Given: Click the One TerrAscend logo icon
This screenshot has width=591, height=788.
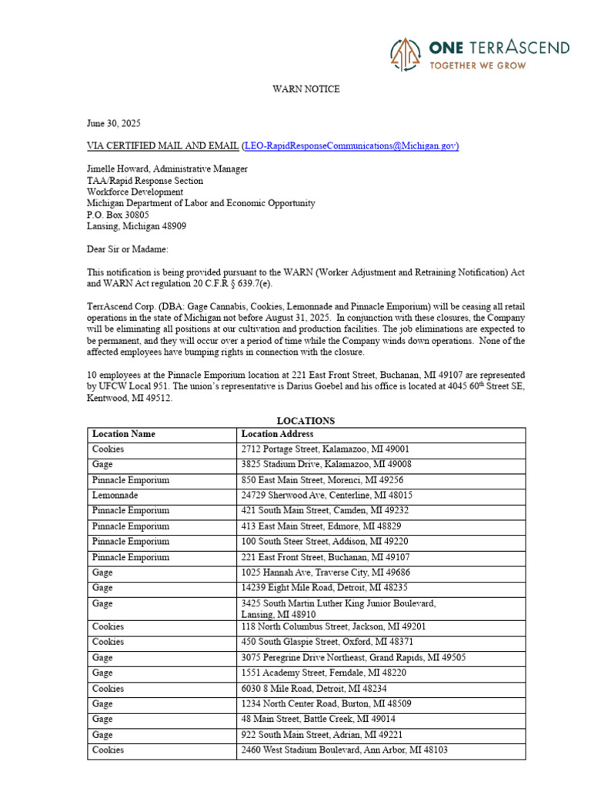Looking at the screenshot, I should click(x=405, y=55).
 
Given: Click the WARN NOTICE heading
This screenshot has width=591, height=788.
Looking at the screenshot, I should click(x=306, y=89).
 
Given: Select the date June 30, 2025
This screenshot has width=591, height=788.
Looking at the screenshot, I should click(x=112, y=123).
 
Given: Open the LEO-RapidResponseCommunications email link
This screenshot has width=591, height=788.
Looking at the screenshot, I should click(x=350, y=145).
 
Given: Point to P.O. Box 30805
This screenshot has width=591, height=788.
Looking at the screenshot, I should click(x=117, y=215).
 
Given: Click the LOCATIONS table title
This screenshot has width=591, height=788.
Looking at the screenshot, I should click(x=306, y=421).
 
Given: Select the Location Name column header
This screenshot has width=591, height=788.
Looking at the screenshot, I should click(x=123, y=434).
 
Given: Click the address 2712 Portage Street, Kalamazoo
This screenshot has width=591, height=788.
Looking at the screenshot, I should click(x=325, y=449).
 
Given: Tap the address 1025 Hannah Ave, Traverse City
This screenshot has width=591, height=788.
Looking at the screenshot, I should click(x=326, y=573).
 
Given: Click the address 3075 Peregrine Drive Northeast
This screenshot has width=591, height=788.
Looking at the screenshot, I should click(x=352, y=658).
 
